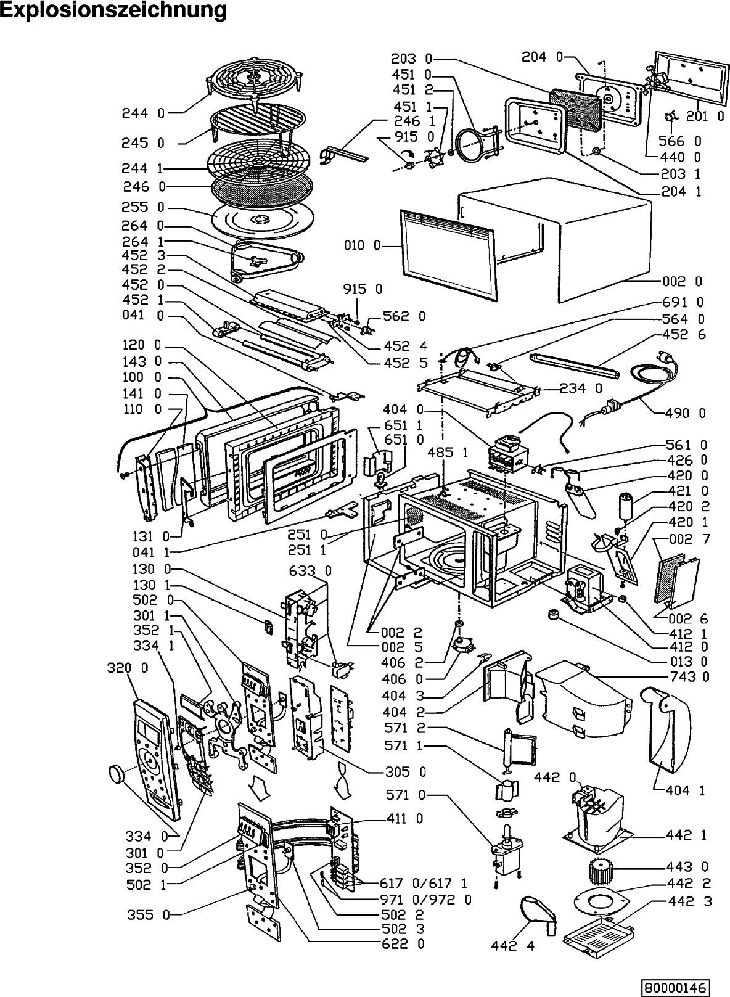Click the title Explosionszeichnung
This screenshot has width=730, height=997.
pyautogui.click(x=113, y=10)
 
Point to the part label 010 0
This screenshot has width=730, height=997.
pyautogui.click(x=363, y=246)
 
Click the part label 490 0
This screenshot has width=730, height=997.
pyautogui.click(x=685, y=413)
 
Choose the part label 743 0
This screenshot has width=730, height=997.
pyautogui.click(x=687, y=677)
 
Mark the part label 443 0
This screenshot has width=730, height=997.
pyautogui.click(x=687, y=867)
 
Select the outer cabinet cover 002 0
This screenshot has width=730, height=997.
pyautogui.click(x=592, y=234)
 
